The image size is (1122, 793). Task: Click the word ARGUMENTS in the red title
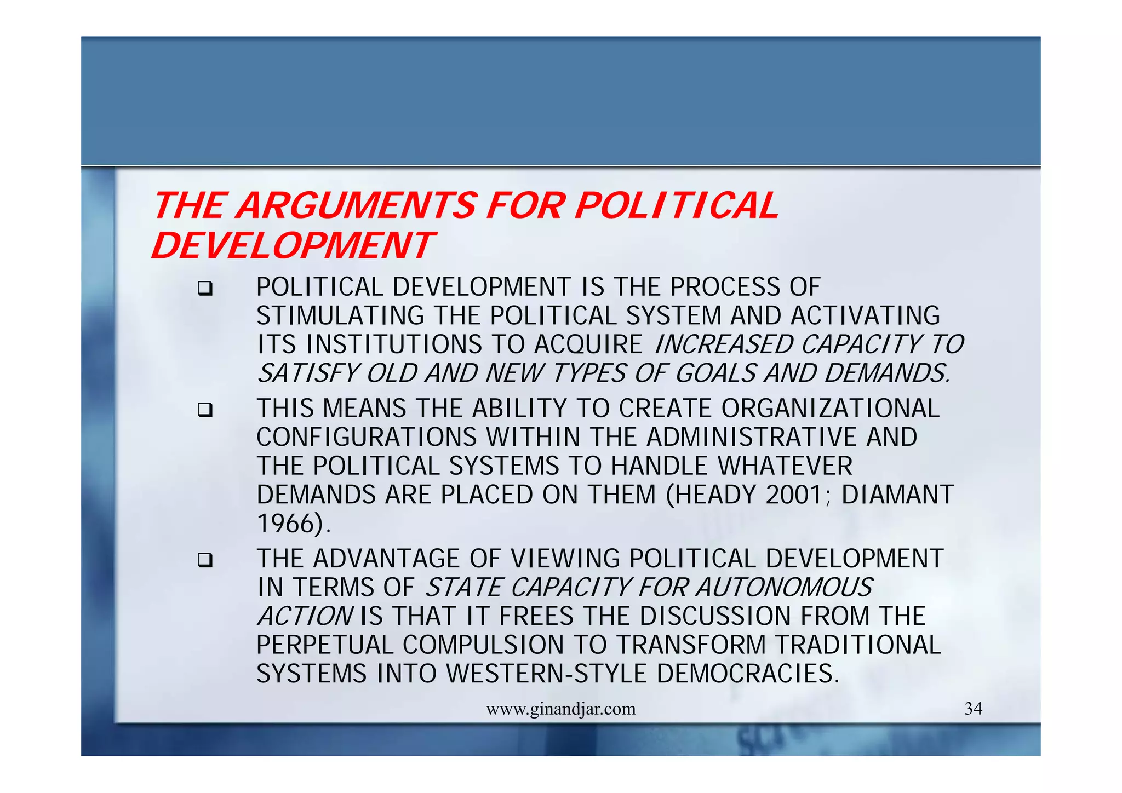tap(358, 206)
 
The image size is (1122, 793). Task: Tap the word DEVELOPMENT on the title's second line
tap(293, 246)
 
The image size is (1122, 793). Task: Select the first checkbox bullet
tap(205, 289)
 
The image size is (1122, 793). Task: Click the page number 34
tap(973, 709)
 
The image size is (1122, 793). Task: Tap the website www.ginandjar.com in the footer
tap(560, 709)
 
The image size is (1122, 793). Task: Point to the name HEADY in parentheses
tap(718, 495)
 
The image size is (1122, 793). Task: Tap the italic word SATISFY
tap(308, 373)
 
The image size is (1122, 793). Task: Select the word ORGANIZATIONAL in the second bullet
tap(830, 409)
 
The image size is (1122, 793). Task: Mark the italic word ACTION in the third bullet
tap(305, 616)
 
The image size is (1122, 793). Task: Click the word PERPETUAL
tap(324, 645)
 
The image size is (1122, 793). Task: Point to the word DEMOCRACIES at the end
tap(747, 674)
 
